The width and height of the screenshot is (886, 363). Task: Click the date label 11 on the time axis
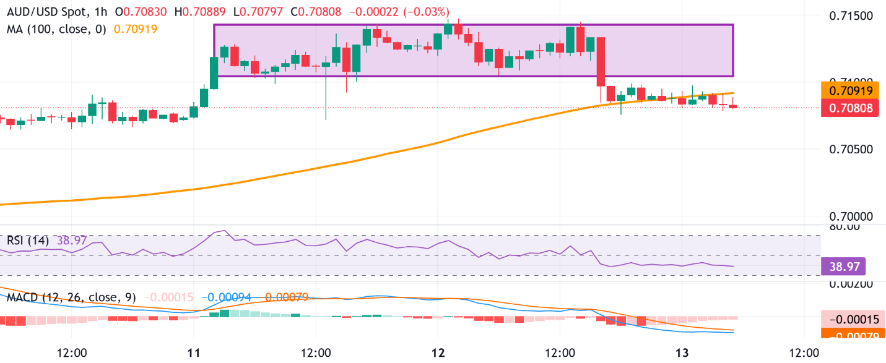coord(194,352)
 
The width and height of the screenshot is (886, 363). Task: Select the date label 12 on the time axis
coord(438,352)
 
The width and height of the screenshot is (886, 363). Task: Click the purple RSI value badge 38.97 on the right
coord(843,267)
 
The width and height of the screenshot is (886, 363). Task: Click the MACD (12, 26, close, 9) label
coord(70,297)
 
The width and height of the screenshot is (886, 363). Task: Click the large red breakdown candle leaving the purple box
coord(599,61)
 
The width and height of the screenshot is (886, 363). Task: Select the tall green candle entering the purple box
coord(214,73)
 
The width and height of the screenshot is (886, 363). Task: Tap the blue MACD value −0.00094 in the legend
coord(228,297)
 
